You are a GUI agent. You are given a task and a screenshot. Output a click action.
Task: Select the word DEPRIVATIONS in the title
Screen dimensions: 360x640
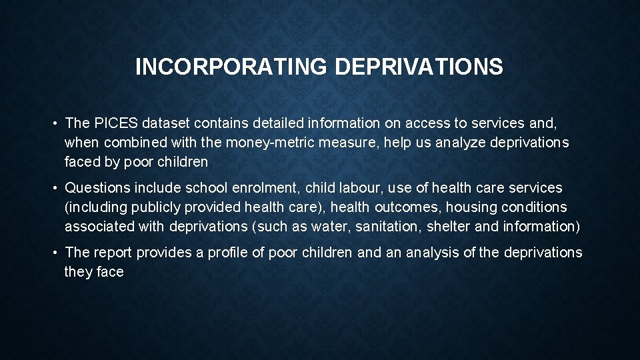419,67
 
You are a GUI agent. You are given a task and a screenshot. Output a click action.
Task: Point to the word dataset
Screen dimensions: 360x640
163,123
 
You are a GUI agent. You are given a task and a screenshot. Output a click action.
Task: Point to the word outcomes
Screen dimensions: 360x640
408,207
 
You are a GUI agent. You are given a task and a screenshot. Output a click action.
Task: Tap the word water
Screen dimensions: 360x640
329,227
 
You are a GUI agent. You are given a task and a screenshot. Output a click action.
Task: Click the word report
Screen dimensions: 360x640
113,253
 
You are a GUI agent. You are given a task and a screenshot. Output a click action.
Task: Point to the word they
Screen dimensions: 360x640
78,272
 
